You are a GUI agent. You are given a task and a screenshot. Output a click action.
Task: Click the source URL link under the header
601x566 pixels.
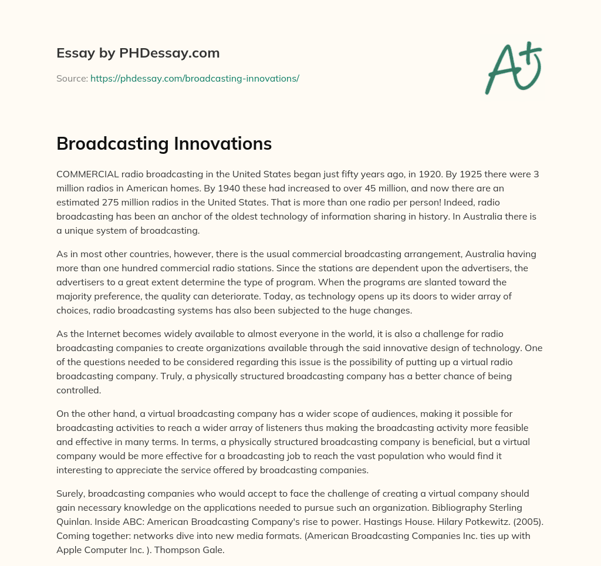[x=195, y=78]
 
